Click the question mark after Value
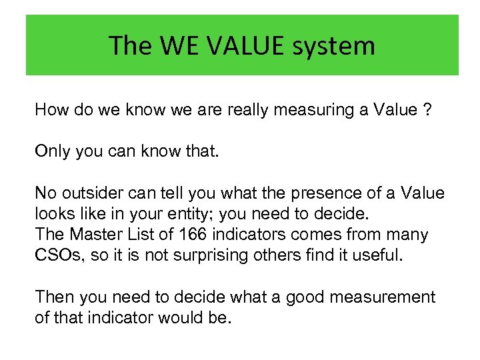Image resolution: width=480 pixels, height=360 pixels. pos(427,110)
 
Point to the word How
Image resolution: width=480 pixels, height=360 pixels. pos(51,110)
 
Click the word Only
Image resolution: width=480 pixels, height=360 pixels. pos(51,151)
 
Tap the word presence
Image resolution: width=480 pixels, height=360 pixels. pos(322,193)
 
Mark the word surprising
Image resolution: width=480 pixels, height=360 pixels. pos(209,255)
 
